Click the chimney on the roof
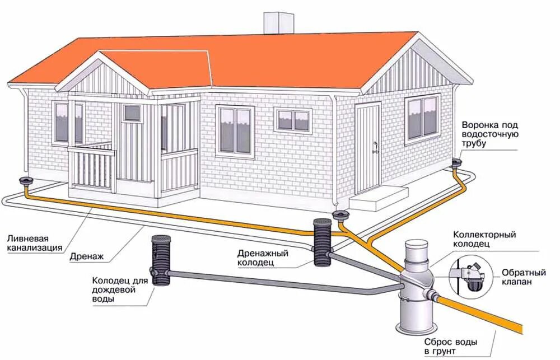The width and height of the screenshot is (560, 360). point(278,22)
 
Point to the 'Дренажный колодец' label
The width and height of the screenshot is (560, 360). point(262,258)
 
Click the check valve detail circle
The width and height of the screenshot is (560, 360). point(470,276)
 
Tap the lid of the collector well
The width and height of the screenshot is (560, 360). point(417,245)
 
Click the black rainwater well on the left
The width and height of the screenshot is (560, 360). point(161,260)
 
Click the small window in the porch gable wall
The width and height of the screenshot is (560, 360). point(132,113)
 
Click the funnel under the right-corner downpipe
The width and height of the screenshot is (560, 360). point(456,164)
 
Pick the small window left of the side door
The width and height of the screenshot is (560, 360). point(293,120)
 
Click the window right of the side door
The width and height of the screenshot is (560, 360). point(423,116)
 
